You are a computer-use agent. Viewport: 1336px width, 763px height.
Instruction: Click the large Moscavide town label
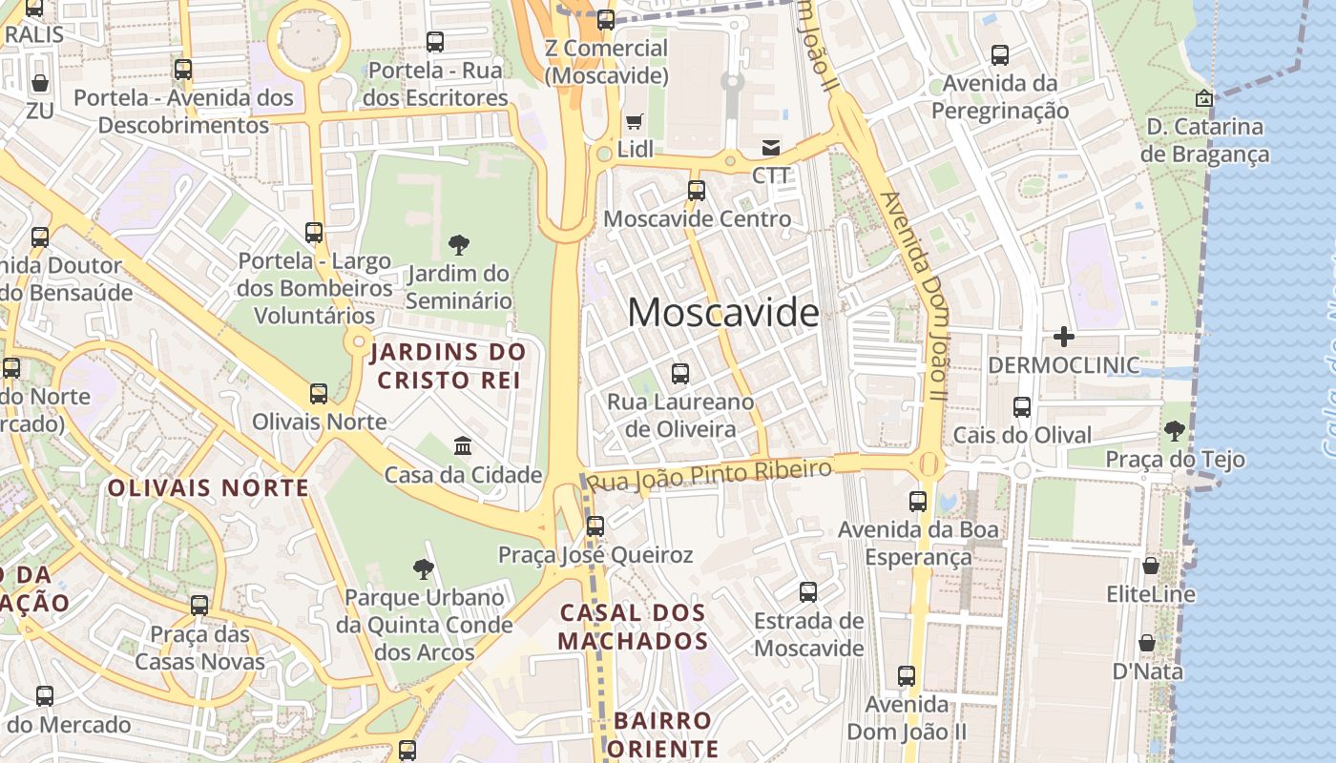point(723,313)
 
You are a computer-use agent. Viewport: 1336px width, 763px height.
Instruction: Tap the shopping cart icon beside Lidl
point(635,121)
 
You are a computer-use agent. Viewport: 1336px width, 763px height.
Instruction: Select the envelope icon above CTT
point(771,148)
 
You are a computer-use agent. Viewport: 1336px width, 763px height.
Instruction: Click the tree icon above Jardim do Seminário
point(458,245)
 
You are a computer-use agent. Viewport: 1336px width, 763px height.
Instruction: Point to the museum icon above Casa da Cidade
point(463,445)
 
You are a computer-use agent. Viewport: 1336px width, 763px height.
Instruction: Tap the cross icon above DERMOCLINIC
point(1064,336)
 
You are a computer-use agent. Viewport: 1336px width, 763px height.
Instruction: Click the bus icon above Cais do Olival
point(1022,407)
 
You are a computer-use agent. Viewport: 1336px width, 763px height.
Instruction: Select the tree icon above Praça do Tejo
point(1175,431)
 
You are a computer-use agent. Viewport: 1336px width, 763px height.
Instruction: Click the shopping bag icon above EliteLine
point(1151,566)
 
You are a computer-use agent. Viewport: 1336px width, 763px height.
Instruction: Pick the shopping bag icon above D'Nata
point(1147,643)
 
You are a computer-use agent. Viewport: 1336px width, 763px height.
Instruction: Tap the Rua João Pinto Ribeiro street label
point(710,474)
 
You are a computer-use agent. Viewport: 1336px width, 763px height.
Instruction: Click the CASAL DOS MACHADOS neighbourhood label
point(633,627)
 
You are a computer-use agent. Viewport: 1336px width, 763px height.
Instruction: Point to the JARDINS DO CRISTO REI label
point(449,365)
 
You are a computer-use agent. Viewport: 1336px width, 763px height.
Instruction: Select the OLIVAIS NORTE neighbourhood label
point(208,488)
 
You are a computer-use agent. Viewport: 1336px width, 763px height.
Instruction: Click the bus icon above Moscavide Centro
point(697,191)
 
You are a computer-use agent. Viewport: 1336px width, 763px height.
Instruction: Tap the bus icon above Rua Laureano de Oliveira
point(680,373)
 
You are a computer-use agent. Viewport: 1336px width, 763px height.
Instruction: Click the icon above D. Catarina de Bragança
point(1204,98)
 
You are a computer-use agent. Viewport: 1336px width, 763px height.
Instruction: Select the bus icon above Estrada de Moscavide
point(808,592)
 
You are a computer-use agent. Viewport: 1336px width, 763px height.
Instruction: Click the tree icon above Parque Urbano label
point(424,569)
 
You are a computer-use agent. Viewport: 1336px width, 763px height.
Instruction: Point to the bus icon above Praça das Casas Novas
point(199,606)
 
